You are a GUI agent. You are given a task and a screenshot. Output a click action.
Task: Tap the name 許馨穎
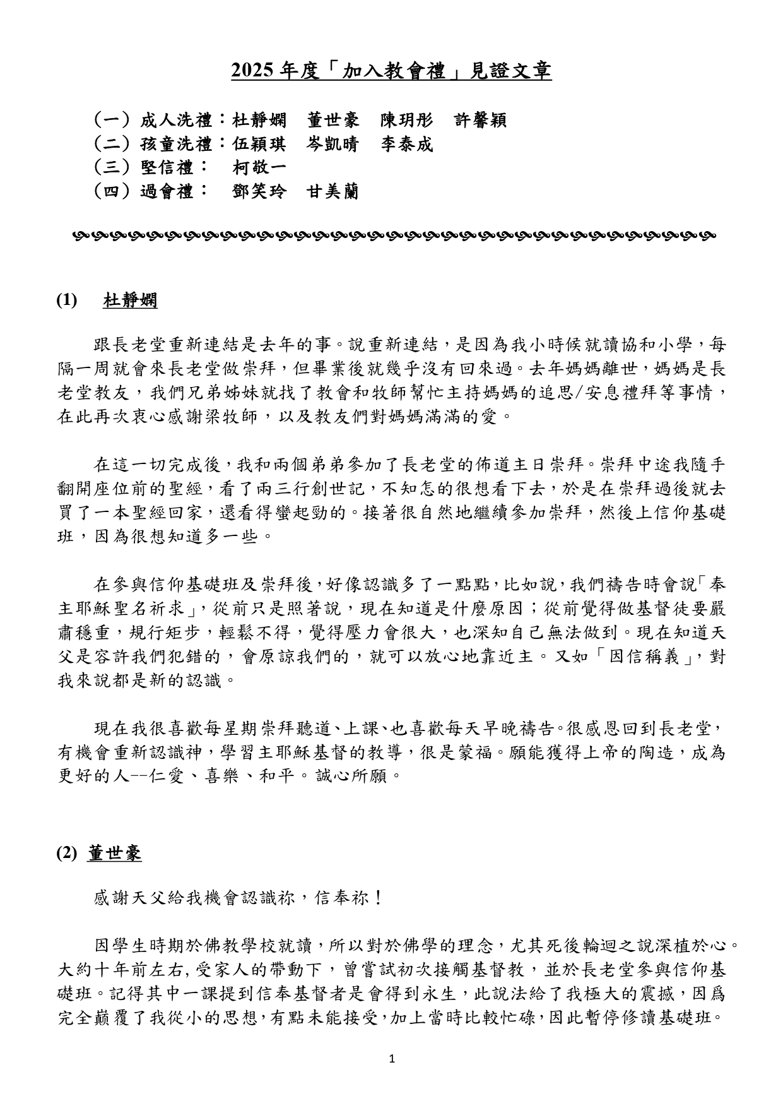click(480, 120)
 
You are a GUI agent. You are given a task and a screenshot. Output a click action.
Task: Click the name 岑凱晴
click(333, 145)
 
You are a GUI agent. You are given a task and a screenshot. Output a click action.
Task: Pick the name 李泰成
click(406, 145)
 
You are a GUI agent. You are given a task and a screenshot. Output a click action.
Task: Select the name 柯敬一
click(259, 168)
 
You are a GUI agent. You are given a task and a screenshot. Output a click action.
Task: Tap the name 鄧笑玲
click(259, 191)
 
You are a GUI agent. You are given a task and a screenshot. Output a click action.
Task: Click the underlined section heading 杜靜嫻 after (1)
click(130, 301)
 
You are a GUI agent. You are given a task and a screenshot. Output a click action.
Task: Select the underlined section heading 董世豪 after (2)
click(115, 853)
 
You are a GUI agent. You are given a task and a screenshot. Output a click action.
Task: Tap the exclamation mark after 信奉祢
click(379, 897)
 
